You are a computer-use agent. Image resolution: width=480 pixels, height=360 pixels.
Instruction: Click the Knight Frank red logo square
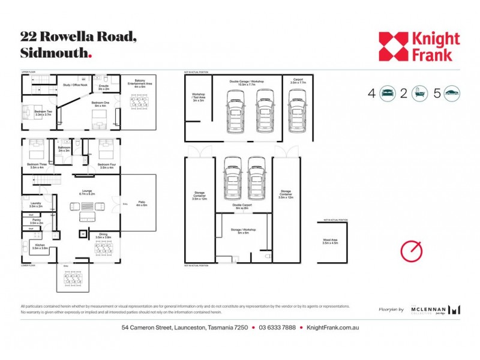click(393, 46)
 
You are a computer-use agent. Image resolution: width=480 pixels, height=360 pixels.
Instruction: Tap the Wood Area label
click(331, 241)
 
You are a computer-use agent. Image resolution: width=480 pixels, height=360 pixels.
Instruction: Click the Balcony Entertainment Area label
click(139, 86)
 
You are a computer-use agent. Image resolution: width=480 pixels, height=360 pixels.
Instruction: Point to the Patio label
click(141, 204)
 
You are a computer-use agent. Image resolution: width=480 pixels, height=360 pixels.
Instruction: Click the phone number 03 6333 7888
click(277, 328)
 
